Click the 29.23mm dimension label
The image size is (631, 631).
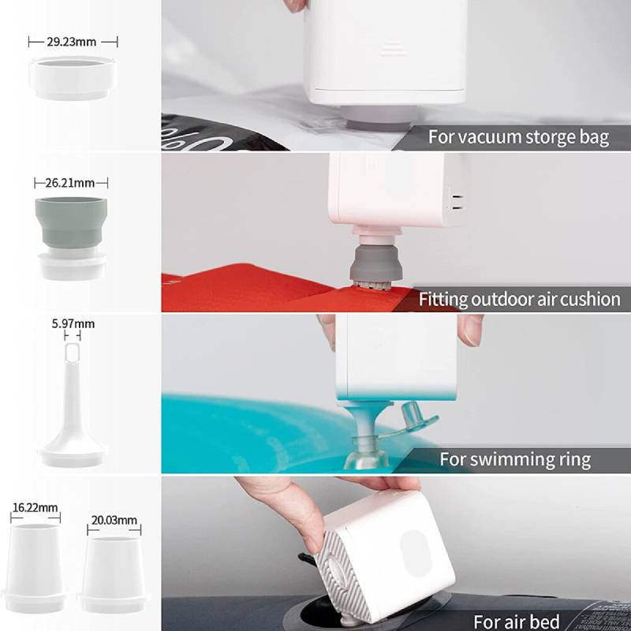coord(72,42)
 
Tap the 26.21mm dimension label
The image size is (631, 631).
coord(70,183)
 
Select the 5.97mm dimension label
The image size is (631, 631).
coord(73,324)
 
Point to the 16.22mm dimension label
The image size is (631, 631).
coord(35,507)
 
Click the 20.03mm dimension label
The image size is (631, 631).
coord(114,521)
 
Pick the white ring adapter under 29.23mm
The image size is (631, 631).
coord(73,78)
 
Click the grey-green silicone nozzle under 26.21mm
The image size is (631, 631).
coord(71,222)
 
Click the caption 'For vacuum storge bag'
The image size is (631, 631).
coord(518,137)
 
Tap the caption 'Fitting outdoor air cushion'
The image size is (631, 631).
coord(520,300)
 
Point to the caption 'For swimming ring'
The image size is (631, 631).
coord(515,459)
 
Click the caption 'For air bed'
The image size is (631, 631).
coord(517,622)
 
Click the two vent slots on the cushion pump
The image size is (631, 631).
coord(456,203)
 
